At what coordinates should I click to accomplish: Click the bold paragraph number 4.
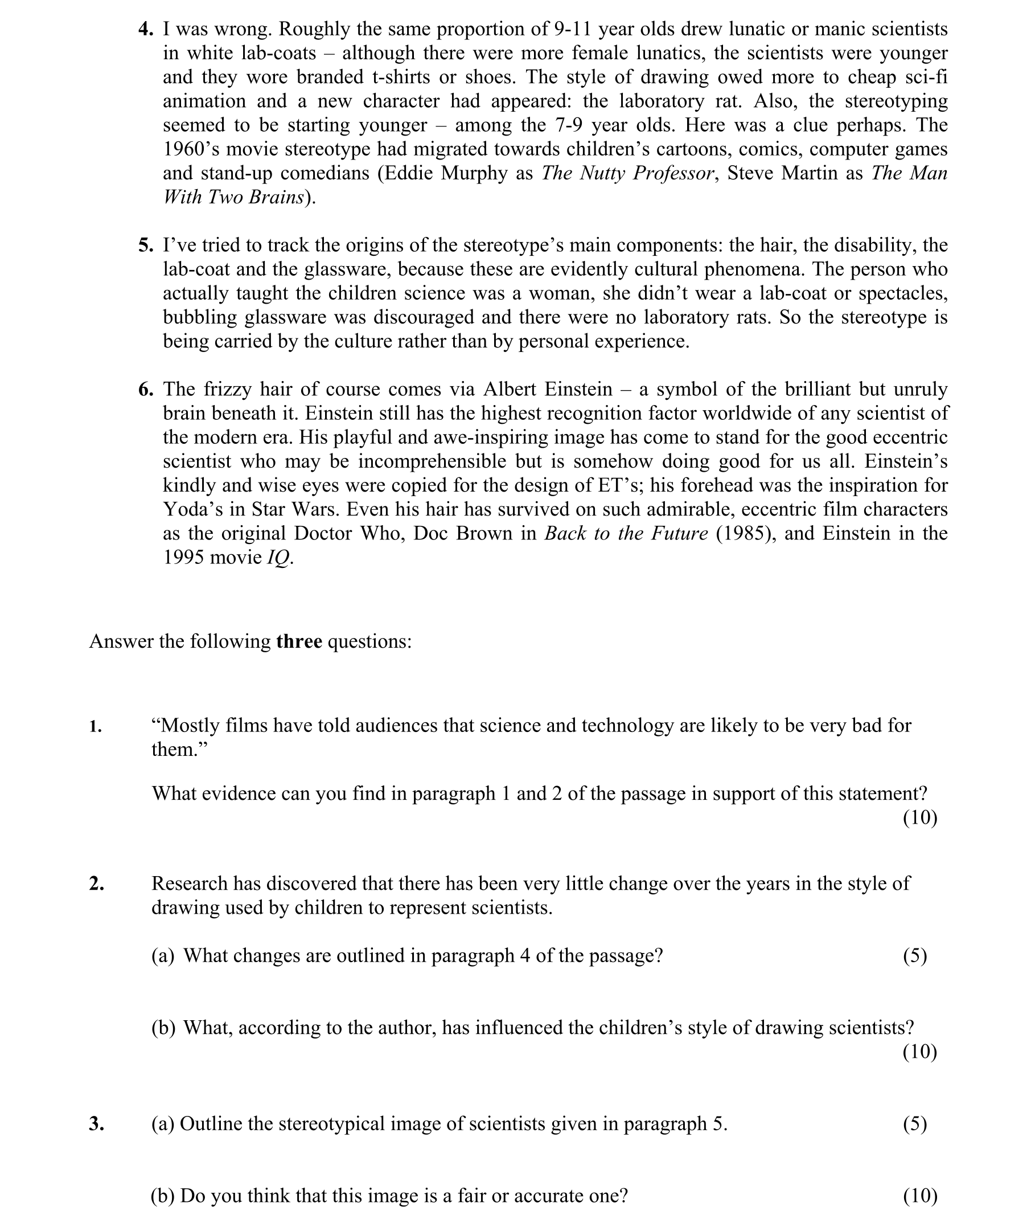click(x=145, y=30)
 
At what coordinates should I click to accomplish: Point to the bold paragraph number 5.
click(x=145, y=246)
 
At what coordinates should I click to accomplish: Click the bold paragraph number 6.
click(x=145, y=389)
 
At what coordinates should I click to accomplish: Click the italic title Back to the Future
click(x=626, y=533)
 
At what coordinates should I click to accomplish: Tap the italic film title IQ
click(x=278, y=557)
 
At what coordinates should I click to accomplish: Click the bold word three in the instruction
click(x=299, y=641)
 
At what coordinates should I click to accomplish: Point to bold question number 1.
click(x=96, y=727)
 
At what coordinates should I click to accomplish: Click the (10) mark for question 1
click(x=919, y=817)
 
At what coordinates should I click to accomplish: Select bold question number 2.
click(x=97, y=884)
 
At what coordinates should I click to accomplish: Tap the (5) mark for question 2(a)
click(x=915, y=955)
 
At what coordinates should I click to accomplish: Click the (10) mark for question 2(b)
click(x=919, y=1052)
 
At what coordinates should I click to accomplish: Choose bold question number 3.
click(x=97, y=1124)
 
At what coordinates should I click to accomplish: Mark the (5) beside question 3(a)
click(x=915, y=1124)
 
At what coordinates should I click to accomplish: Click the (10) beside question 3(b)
click(x=919, y=1196)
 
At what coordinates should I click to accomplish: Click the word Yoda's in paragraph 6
click(x=192, y=509)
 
